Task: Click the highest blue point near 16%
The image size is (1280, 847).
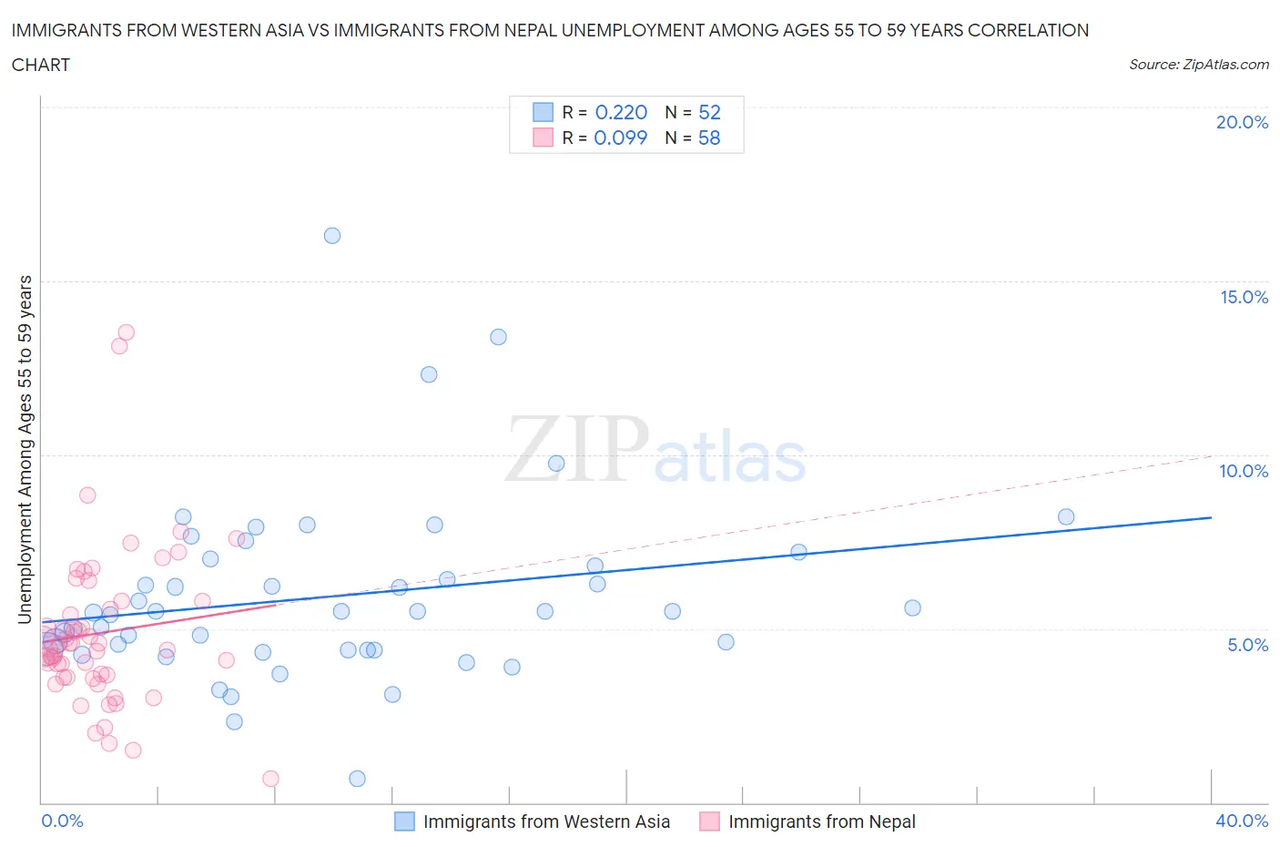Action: [x=332, y=236]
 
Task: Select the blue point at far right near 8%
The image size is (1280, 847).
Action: [x=1066, y=517]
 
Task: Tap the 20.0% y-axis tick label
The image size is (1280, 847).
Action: [x=1242, y=122]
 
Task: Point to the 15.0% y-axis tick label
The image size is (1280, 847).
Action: [x=1244, y=297]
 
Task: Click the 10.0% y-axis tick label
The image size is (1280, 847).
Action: [x=1244, y=471]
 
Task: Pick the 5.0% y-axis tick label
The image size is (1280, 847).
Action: [x=1247, y=645]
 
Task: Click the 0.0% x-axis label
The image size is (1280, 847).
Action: [x=62, y=821]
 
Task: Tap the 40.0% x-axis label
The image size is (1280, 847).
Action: [x=1242, y=821]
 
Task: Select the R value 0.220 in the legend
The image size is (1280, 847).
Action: [x=621, y=112]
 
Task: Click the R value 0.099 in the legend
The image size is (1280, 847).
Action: [x=620, y=138]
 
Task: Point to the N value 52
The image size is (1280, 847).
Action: [x=709, y=112]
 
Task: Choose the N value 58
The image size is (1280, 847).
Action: [x=709, y=138]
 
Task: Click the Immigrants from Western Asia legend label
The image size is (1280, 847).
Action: [x=546, y=821]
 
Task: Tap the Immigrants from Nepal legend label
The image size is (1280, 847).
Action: [x=822, y=821]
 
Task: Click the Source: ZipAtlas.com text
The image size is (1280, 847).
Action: [x=1198, y=65]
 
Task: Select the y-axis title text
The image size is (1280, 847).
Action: [x=25, y=449]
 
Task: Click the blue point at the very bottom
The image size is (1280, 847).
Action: [x=357, y=779]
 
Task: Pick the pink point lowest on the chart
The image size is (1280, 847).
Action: [x=270, y=779]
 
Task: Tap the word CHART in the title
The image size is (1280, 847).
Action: [x=41, y=65]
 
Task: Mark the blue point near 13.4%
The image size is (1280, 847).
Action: [x=498, y=337]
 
